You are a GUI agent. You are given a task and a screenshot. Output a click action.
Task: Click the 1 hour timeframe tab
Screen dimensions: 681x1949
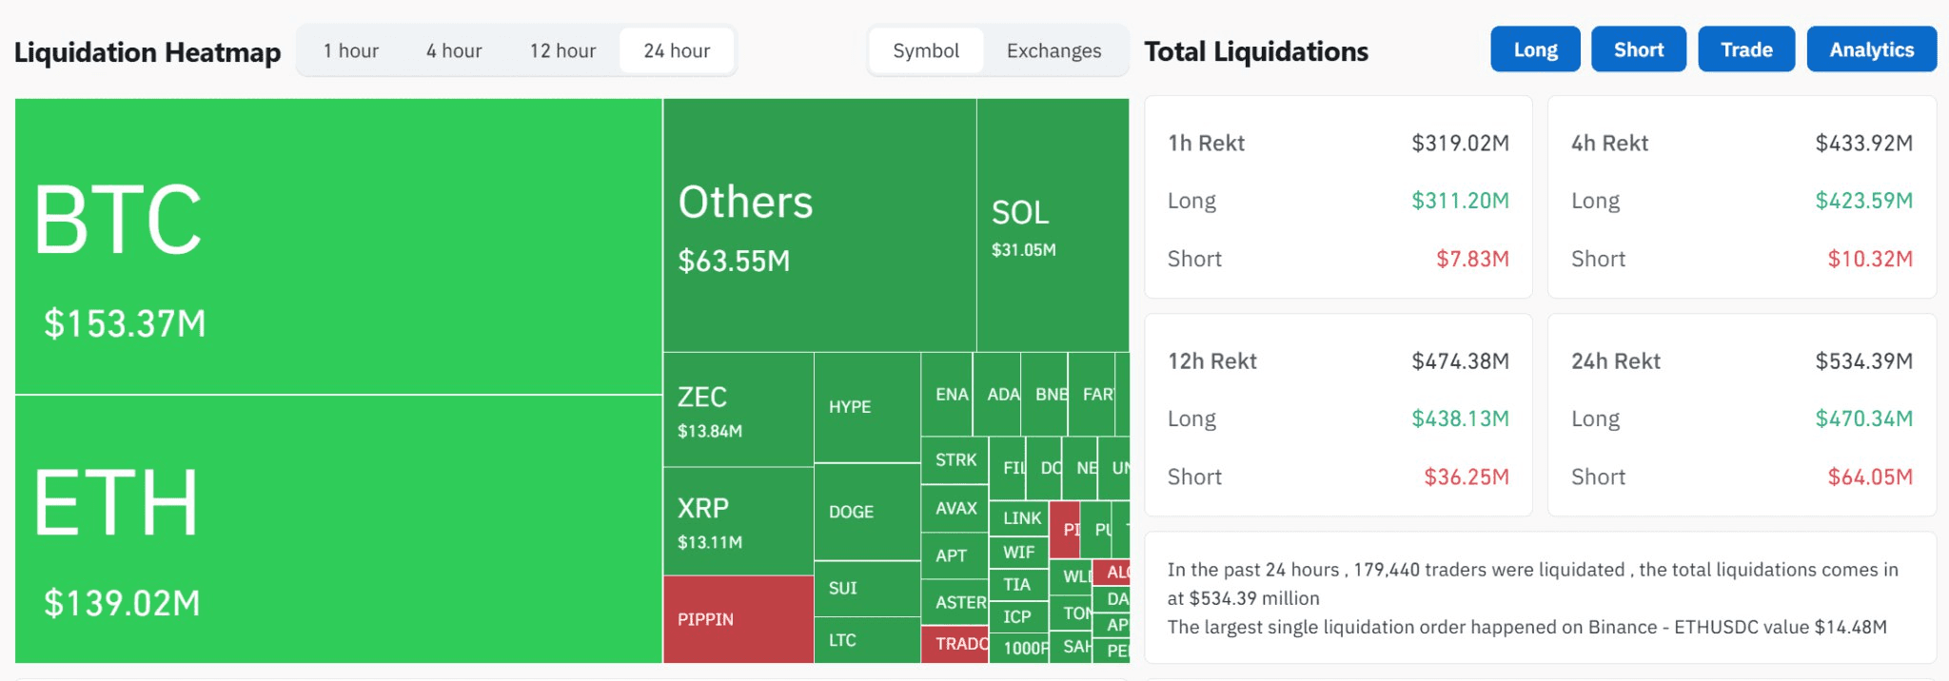(x=350, y=50)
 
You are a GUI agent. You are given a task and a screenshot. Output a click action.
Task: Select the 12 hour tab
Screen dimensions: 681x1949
(x=562, y=50)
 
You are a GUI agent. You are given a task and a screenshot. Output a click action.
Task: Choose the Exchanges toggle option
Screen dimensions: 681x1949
(x=1053, y=50)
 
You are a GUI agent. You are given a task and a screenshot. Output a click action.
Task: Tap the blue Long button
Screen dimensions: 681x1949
(x=1535, y=49)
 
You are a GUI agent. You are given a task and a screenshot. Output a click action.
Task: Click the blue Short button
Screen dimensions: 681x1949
(x=1638, y=49)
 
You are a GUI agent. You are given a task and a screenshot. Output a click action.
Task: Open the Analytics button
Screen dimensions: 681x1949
(x=1871, y=49)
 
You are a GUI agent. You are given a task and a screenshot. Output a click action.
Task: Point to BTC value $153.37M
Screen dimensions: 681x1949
(x=125, y=323)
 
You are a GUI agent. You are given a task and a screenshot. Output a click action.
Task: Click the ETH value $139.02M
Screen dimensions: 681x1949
(x=122, y=603)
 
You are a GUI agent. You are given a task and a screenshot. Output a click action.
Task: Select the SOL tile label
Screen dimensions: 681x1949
(x=1020, y=213)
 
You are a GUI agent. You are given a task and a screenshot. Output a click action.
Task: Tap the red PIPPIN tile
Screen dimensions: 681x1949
(x=705, y=619)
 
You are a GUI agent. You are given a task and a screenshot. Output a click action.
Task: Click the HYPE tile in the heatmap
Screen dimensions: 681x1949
(x=850, y=407)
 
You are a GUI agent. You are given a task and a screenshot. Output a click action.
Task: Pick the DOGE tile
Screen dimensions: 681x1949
(x=851, y=512)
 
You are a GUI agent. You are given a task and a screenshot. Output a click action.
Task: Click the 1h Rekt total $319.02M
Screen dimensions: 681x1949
(x=1460, y=143)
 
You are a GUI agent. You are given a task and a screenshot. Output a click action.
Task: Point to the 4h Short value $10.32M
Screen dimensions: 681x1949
(x=1869, y=259)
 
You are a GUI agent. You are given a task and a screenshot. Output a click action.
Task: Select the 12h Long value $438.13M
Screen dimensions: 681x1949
(x=1460, y=418)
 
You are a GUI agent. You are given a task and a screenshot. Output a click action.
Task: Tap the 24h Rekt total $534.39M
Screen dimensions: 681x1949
(x=1863, y=361)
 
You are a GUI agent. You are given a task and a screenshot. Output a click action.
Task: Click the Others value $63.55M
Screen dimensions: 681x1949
(x=734, y=261)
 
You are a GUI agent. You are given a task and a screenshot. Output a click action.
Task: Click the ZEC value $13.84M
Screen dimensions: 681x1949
(x=710, y=431)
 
